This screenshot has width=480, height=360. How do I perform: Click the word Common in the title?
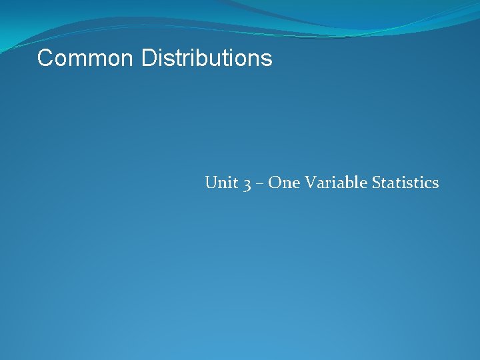pos(86,59)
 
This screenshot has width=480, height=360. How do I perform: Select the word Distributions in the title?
pos(207,59)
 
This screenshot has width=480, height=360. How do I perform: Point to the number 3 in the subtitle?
pos(247,184)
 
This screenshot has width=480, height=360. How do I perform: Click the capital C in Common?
pos(45,59)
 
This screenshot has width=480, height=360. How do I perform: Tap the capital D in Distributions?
pos(149,59)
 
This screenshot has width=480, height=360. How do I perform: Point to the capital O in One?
pos(275,183)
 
